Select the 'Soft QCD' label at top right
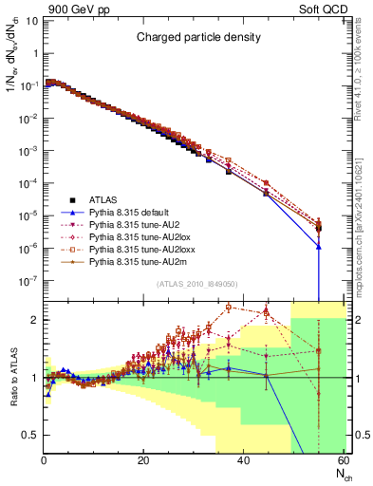(x=318, y=9)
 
